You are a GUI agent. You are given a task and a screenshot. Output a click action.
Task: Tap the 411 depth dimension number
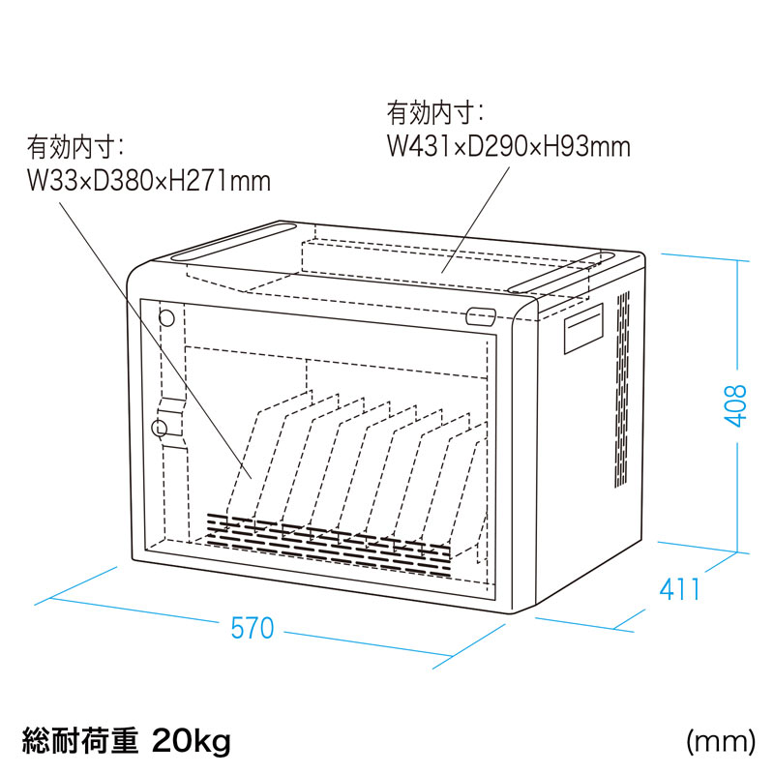point(680,587)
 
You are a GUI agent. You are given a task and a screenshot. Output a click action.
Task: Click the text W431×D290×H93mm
point(509,146)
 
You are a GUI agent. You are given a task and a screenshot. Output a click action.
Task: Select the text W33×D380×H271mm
point(148,181)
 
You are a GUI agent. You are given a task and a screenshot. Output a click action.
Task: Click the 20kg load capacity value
point(191,743)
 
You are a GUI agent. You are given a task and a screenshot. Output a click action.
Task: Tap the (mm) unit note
point(720,743)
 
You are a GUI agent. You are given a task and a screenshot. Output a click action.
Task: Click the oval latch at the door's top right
point(481,315)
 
